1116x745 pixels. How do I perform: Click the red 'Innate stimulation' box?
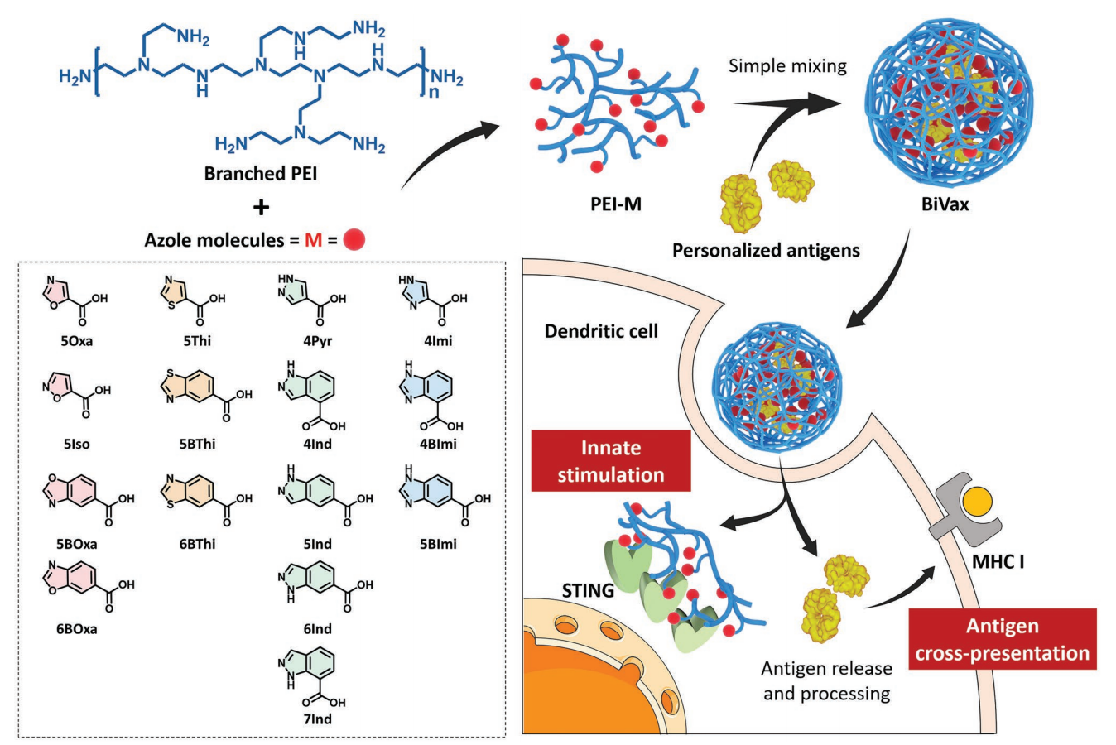pyautogui.click(x=611, y=461)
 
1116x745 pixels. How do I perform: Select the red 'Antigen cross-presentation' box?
pyautogui.click(x=1003, y=639)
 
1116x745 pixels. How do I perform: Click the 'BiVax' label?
pyautogui.click(x=945, y=203)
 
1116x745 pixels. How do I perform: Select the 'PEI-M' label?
pyautogui.click(x=616, y=203)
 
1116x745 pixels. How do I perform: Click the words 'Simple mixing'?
pyautogui.click(x=787, y=65)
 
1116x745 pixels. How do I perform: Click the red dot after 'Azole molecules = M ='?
pyautogui.click(x=354, y=239)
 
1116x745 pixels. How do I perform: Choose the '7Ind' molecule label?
pyautogui.click(x=317, y=719)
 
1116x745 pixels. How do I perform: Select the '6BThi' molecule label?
pyautogui.click(x=197, y=544)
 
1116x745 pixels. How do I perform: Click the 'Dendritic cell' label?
pyautogui.click(x=601, y=331)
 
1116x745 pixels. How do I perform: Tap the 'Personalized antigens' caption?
pyautogui.click(x=766, y=249)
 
